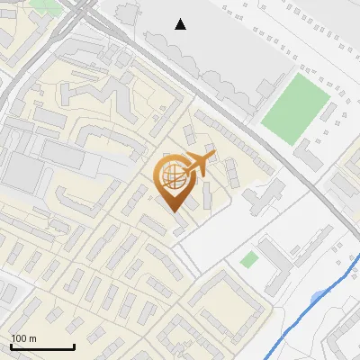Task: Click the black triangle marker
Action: click(181, 24)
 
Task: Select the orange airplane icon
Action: click(199, 164)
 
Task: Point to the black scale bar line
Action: click(41, 346)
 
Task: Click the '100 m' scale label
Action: click(24, 338)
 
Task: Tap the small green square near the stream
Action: click(249, 259)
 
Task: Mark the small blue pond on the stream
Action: click(317, 297)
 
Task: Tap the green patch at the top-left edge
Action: click(43, 4)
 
